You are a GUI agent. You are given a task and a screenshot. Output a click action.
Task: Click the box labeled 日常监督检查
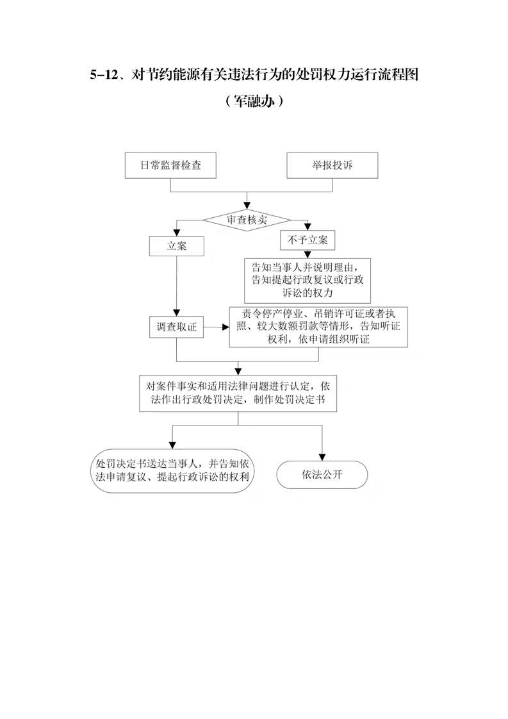[170, 165]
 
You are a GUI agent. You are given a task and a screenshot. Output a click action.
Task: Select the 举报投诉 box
[332, 165]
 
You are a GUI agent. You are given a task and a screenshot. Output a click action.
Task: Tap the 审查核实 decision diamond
[247, 220]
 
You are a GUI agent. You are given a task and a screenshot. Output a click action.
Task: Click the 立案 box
[177, 246]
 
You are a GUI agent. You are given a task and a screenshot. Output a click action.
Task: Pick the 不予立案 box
[307, 240]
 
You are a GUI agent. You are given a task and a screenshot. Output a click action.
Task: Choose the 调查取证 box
[177, 327]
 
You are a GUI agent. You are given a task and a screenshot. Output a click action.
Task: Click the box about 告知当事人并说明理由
[307, 280]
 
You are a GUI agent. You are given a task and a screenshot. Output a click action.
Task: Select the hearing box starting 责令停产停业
[318, 327]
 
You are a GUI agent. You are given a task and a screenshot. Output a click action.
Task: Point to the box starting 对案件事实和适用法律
[238, 393]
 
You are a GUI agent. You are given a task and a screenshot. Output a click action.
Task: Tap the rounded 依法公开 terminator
[322, 475]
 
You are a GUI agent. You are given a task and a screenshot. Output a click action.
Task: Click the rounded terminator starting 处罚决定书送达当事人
[172, 471]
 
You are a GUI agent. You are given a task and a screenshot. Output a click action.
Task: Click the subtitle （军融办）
[254, 101]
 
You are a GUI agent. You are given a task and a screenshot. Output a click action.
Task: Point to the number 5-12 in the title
[104, 75]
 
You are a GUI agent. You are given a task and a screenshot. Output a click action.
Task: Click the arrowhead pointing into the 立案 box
[177, 233]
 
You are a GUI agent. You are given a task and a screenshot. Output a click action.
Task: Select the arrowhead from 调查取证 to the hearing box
[225, 327]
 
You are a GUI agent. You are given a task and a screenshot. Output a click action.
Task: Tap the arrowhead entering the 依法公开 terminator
[322, 457]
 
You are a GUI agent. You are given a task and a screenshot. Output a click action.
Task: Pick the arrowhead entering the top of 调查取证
[177, 313]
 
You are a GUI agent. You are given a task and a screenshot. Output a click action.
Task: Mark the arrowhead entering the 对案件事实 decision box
[238, 372]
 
